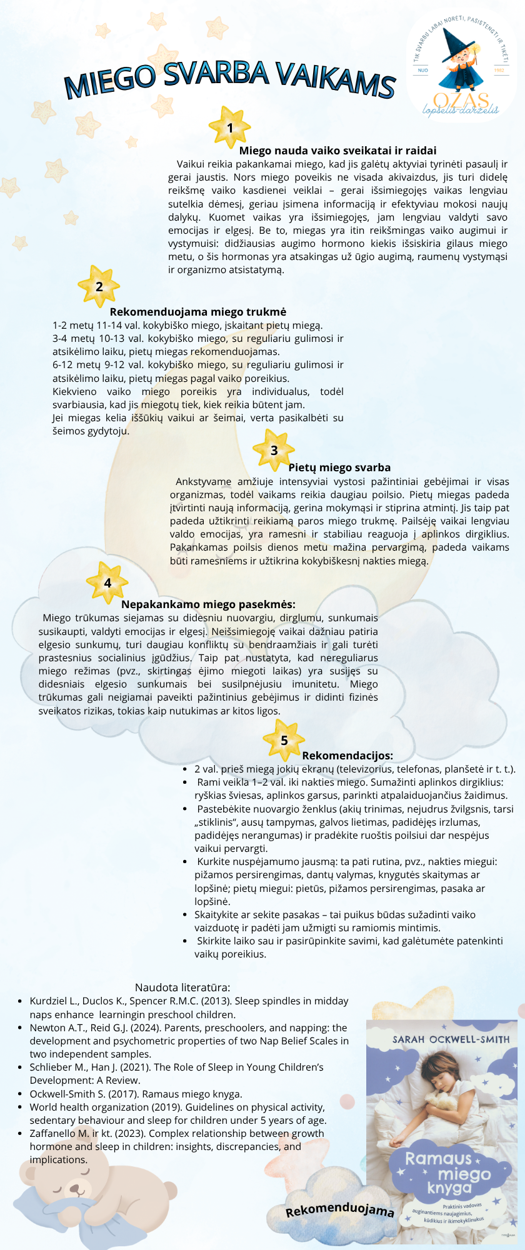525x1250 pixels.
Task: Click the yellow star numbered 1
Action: click(229, 127)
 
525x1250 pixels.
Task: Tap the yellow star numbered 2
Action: click(99, 287)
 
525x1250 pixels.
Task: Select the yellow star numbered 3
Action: click(274, 450)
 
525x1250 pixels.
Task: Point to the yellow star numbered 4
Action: click(107, 582)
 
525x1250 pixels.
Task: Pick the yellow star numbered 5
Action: click(284, 740)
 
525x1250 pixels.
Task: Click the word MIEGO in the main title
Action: click(111, 81)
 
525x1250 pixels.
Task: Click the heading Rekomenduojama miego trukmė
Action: click(198, 312)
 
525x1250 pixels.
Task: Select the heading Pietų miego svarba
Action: click(339, 467)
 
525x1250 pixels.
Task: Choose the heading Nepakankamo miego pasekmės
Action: click(208, 604)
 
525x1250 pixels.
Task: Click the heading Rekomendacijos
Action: click(347, 756)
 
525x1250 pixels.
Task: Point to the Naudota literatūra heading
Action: click(182, 987)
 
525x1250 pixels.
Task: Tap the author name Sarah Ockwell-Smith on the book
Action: click(451, 1039)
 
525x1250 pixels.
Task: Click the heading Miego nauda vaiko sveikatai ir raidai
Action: click(337, 151)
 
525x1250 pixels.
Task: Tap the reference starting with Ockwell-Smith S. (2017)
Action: click(136, 1094)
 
